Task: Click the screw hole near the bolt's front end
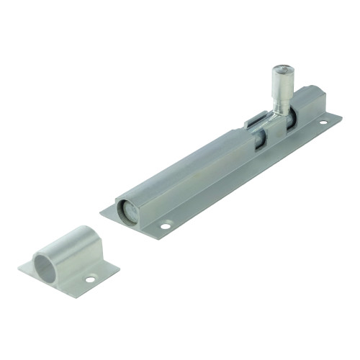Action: [x=165, y=227]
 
